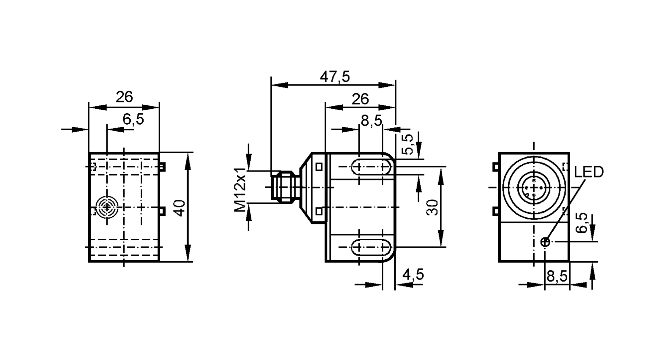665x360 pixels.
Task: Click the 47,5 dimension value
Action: click(334, 77)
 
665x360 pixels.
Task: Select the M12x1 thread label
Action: click(240, 189)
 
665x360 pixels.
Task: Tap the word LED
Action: click(589, 172)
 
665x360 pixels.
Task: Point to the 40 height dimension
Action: click(180, 208)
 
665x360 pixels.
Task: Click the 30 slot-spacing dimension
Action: click(433, 208)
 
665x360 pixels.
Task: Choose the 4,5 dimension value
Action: click(413, 275)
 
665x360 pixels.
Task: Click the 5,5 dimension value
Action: click(408, 144)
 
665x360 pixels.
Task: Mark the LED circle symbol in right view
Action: click(545, 242)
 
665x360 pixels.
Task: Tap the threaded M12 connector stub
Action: click(282, 187)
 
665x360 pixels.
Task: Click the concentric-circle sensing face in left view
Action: click(107, 207)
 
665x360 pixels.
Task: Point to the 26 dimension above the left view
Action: click(124, 97)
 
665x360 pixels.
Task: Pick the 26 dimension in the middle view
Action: click(360, 99)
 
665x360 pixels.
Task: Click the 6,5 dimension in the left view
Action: click(133, 119)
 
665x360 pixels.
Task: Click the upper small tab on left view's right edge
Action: click(162, 167)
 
